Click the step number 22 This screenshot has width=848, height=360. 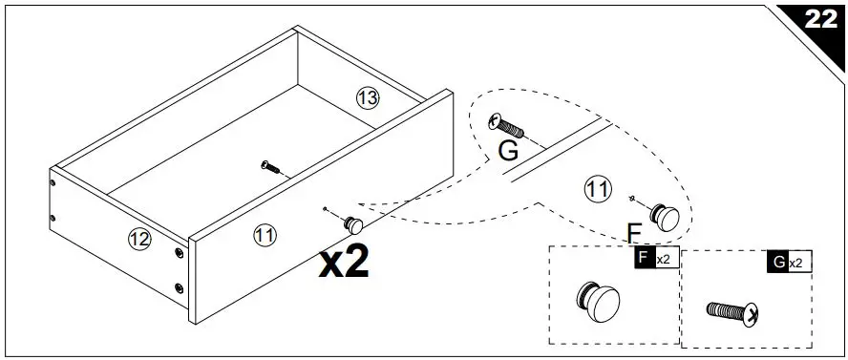pyautogui.click(x=819, y=20)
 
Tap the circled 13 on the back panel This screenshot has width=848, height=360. pyautogui.click(x=368, y=96)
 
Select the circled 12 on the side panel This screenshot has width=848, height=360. pyautogui.click(x=139, y=239)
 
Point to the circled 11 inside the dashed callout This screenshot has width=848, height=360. pyautogui.click(x=597, y=190)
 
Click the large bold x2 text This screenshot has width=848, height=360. pyautogui.click(x=344, y=262)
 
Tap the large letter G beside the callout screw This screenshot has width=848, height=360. pyautogui.click(x=509, y=151)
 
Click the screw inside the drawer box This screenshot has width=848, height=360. pyautogui.click(x=272, y=167)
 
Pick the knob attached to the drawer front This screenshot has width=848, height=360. pyautogui.click(x=354, y=224)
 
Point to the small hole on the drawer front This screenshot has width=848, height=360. pyautogui.click(x=327, y=210)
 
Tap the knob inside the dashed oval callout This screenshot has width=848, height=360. pyautogui.click(x=664, y=215)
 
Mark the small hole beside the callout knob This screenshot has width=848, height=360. pyautogui.click(x=635, y=198)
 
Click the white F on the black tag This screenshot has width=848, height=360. pyautogui.click(x=644, y=259)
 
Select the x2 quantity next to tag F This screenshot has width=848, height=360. pyautogui.click(x=664, y=259)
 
